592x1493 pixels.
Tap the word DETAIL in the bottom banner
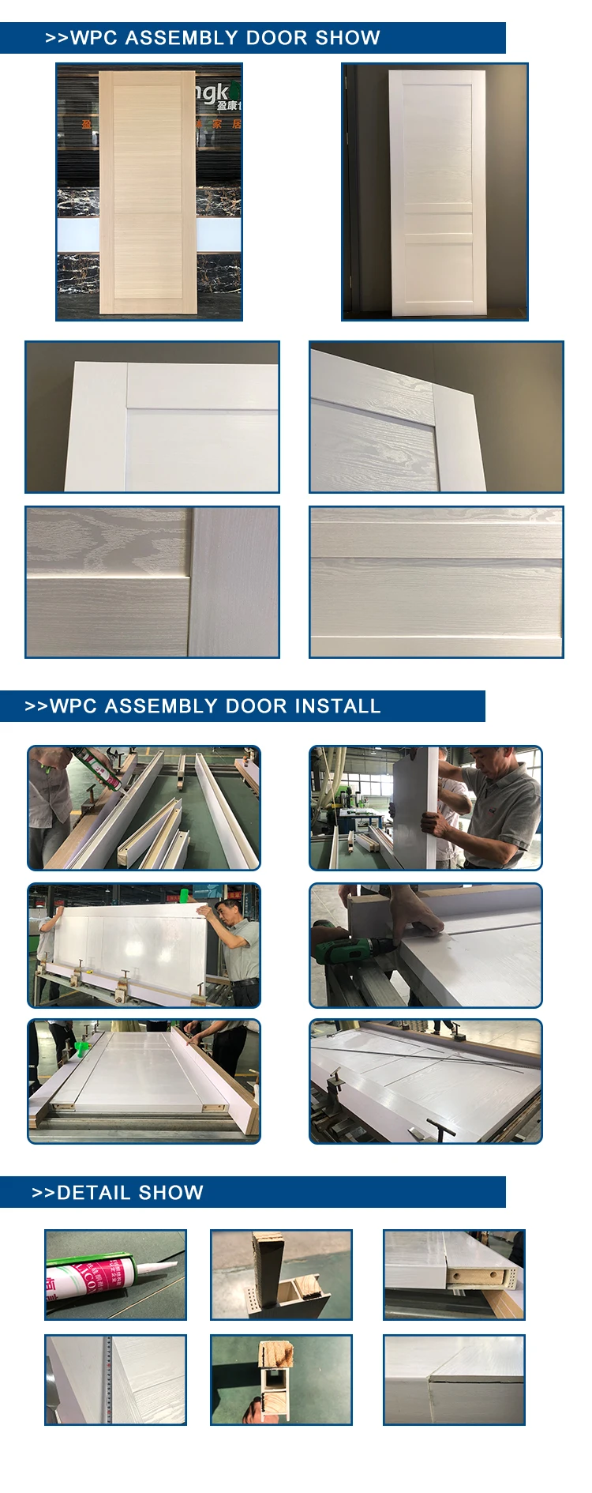point(91,1193)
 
